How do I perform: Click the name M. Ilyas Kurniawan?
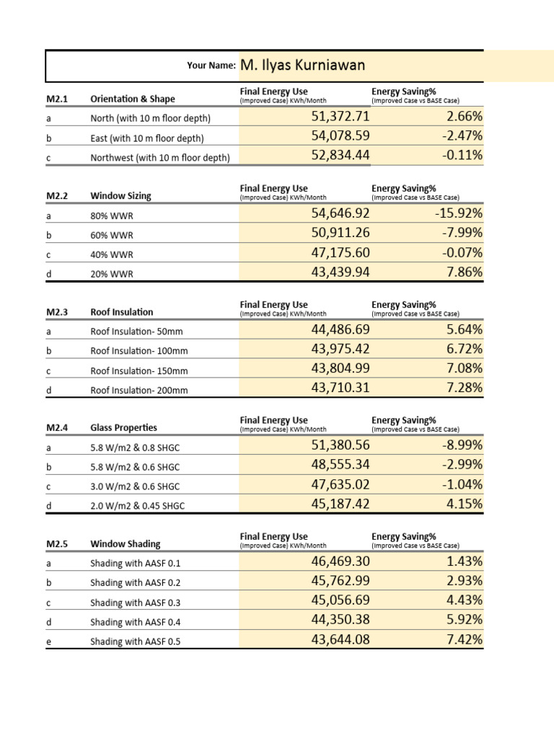tap(303, 66)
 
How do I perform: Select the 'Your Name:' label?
tap(211, 66)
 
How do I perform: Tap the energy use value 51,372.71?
tap(340, 117)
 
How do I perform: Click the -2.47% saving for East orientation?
tap(456, 136)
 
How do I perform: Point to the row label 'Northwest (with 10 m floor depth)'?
tap(160, 157)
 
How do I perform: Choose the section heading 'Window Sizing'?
tap(120, 195)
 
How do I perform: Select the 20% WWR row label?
tap(112, 274)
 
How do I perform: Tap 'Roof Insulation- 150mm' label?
tap(139, 370)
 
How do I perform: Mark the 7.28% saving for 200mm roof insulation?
tap(465, 388)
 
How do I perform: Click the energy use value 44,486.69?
tap(340, 330)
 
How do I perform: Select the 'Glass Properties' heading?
tap(123, 427)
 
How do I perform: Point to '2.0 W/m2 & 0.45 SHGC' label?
tap(137, 506)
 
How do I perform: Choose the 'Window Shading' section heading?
tap(126, 544)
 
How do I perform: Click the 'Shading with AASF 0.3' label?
tap(135, 603)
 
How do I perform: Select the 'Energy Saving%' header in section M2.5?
tap(404, 536)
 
